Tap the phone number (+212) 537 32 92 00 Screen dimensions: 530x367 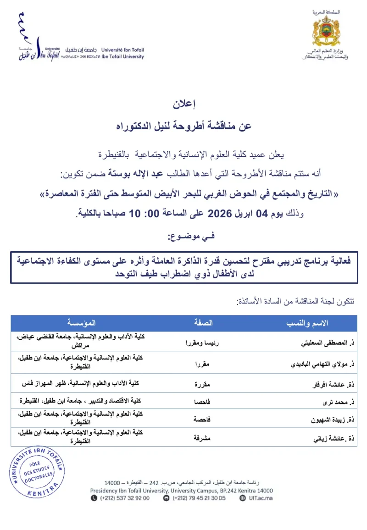click(124, 498)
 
